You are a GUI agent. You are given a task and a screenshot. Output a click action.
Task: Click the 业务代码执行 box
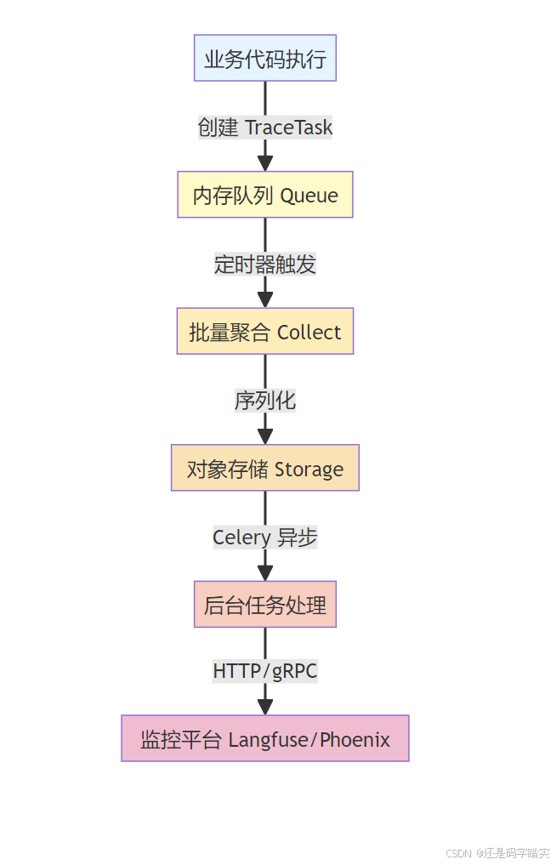pos(265,58)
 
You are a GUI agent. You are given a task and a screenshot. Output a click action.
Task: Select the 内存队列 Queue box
pos(265,195)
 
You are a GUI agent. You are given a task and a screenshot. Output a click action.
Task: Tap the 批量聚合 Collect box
pos(265,332)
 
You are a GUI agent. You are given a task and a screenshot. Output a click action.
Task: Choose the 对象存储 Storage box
pos(265,468)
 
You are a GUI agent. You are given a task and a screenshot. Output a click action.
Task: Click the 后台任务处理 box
pos(265,605)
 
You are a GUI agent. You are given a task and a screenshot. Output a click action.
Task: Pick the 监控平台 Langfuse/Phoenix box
pos(265,738)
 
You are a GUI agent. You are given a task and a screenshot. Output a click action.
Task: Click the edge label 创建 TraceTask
pos(265,128)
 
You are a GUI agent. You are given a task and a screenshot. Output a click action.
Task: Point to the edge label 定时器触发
pos(265,264)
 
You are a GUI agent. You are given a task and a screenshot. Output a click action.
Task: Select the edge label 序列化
pos(265,400)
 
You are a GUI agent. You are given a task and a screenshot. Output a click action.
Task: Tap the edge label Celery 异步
pos(265,537)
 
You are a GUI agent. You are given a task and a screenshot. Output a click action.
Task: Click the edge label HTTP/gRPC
pos(265,670)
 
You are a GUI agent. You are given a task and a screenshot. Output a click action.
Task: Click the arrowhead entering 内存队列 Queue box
pos(265,162)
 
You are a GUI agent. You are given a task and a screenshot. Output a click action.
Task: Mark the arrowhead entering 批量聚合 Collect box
pos(265,299)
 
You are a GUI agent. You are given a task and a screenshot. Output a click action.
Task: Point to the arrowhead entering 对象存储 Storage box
pos(265,435)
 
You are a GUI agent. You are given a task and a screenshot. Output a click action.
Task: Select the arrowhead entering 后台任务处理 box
pos(265,572)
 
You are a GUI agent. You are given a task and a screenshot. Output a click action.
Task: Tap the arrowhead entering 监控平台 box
pos(265,706)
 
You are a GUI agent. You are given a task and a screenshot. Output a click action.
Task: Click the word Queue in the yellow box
pos(309,196)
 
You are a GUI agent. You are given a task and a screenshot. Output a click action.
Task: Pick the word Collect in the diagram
pos(309,332)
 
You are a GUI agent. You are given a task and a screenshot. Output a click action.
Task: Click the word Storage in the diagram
pos(309,469)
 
